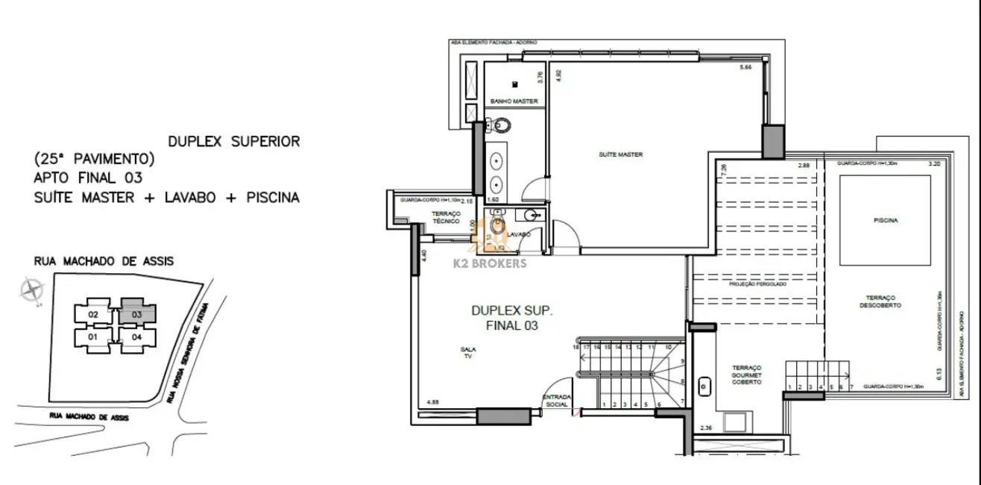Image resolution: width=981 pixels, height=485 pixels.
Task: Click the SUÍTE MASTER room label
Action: click(620, 154)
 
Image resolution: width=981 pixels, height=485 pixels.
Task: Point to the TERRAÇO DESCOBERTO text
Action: click(886, 301)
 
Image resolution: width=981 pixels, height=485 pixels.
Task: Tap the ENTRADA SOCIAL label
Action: click(557, 401)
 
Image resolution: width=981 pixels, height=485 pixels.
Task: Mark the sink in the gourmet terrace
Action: click(704, 387)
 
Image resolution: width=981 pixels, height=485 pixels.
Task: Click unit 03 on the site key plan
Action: click(137, 314)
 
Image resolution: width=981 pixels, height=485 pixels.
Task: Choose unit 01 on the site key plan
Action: click(93, 337)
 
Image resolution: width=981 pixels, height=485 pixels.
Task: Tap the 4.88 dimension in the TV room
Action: click(432, 403)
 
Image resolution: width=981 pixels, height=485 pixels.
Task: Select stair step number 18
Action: click(576, 347)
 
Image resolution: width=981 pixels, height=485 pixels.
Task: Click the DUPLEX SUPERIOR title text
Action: click(234, 141)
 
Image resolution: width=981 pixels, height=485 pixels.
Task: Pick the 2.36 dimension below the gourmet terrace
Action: click(706, 428)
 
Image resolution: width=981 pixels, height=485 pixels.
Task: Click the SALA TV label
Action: click(469, 353)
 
